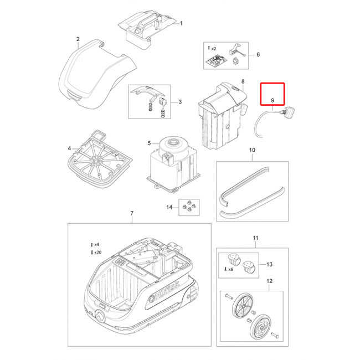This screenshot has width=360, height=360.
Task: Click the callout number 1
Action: (x=181, y=23)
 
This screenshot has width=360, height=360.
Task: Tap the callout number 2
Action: (x=78, y=39)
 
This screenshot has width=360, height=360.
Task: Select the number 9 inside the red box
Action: (x=272, y=100)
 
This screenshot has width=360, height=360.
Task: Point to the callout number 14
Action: (x=169, y=207)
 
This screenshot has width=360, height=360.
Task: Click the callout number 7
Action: (x=132, y=213)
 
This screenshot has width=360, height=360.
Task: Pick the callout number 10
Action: (x=252, y=150)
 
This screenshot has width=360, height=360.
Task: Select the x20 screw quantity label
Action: (x=96, y=253)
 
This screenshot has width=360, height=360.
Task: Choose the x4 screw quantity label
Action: (x=95, y=245)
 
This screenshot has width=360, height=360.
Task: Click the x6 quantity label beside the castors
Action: (x=229, y=269)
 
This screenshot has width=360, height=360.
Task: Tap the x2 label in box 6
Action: (x=212, y=48)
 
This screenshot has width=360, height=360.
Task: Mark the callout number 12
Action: (x=270, y=281)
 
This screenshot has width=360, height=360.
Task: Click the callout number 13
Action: (x=269, y=265)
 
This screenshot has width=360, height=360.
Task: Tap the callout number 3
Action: (x=180, y=102)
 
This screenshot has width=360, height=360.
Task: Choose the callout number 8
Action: (x=243, y=81)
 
